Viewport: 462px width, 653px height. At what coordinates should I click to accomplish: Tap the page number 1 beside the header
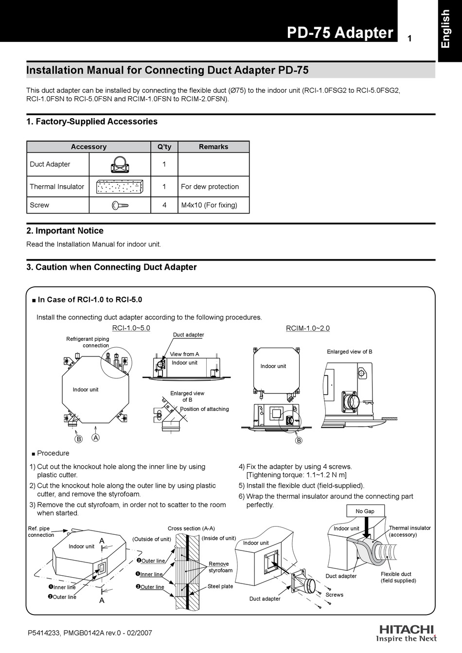[409, 38]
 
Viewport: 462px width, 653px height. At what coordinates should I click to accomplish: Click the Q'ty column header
[164, 147]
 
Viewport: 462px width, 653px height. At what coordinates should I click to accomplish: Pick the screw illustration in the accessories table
[119, 205]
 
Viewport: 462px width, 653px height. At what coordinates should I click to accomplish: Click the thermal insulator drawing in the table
[119, 187]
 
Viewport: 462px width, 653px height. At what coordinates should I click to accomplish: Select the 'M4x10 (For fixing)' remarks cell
[209, 205]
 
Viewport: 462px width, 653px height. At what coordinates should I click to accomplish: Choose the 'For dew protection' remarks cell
[210, 187]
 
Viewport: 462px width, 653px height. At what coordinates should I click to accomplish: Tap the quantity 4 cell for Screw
[164, 205]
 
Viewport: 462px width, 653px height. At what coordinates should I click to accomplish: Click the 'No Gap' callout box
[365, 511]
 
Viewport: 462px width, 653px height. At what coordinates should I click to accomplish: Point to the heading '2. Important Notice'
[65, 231]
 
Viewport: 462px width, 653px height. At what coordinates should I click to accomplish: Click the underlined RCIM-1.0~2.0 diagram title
[307, 328]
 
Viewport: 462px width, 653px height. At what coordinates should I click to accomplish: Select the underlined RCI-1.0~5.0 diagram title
[131, 328]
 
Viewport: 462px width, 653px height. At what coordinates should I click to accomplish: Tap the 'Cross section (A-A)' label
[191, 529]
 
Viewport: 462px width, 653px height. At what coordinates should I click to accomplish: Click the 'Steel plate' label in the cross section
[220, 586]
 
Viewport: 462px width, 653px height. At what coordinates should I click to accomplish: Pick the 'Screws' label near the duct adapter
[334, 595]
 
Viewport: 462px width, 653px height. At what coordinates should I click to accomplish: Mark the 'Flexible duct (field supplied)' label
[398, 577]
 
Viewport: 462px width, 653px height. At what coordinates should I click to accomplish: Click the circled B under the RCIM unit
[299, 441]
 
